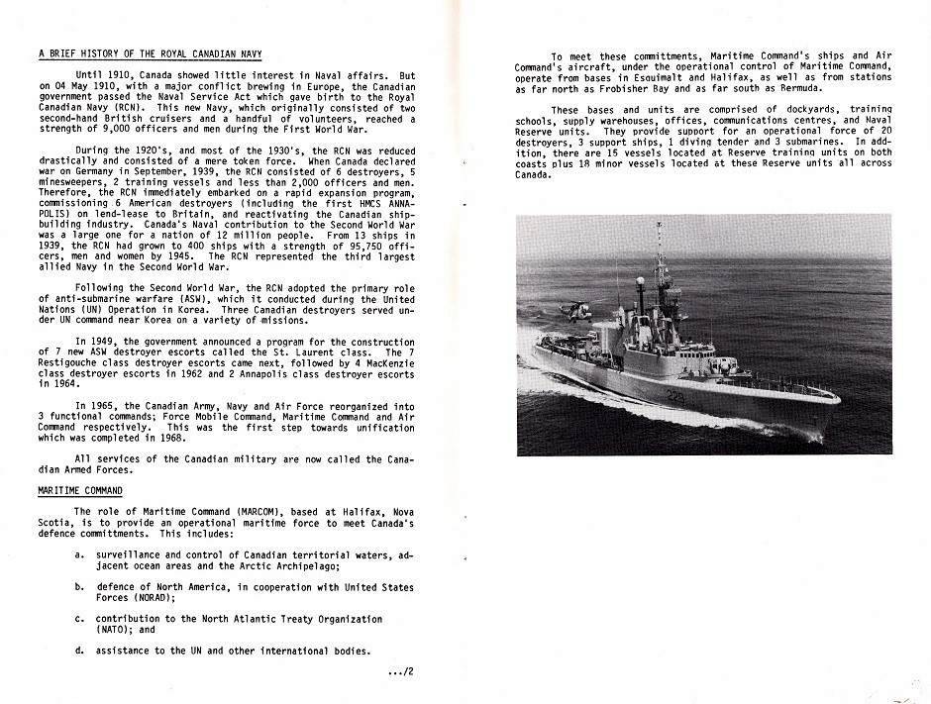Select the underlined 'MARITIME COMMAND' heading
click(80, 491)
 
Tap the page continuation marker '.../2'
click(401, 672)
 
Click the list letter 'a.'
click(78, 554)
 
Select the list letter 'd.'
click(78, 651)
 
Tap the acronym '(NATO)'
click(115, 629)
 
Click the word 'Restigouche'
click(75, 363)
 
